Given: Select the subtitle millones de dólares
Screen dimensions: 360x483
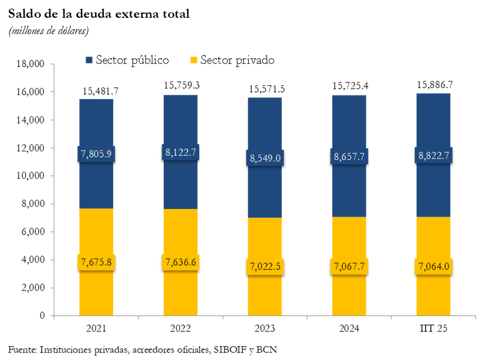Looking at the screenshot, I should [x=49, y=31].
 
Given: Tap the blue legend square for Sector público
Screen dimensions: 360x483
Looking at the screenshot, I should [x=89, y=59].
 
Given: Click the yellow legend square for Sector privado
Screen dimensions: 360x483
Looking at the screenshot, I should [x=194, y=59].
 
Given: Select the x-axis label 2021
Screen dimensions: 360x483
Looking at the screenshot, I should [x=96, y=329].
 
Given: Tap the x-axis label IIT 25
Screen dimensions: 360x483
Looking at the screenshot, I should [x=433, y=329].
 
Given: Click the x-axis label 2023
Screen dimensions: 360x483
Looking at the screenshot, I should [x=265, y=329].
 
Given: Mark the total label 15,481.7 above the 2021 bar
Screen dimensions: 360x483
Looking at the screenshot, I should [x=100, y=91].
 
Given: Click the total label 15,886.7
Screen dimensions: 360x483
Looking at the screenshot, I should [x=435, y=85].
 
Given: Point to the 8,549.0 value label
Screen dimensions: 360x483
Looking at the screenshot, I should [x=265, y=158].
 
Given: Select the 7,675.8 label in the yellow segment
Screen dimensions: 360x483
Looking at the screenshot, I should [x=96, y=262].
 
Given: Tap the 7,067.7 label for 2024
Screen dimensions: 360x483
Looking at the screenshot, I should [x=349, y=266].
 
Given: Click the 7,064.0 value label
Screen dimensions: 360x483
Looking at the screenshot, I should [x=433, y=266].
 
